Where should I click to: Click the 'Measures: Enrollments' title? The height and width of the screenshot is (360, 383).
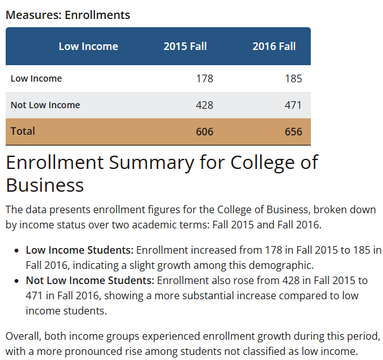point(68,15)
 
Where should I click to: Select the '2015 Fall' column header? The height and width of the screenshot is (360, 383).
point(185,46)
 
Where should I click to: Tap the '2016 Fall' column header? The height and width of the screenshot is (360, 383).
point(274,46)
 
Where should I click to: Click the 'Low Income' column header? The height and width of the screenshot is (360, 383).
point(88,46)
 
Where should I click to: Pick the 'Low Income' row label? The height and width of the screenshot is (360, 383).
point(36,79)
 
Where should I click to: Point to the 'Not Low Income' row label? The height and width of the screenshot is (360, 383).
point(45,105)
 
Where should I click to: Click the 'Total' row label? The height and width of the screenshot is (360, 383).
point(23,132)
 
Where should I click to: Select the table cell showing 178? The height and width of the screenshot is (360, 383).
point(204,79)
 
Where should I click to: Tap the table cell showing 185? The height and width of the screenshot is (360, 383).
point(293,79)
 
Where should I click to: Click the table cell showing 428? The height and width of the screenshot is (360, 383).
point(204,105)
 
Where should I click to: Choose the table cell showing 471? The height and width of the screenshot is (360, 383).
point(293,105)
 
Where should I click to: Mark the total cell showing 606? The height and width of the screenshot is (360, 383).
point(204,132)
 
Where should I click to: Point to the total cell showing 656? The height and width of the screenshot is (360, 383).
point(293,132)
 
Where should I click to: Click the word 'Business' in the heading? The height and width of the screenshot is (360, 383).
point(45,185)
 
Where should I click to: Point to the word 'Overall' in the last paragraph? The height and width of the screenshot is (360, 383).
point(23,335)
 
